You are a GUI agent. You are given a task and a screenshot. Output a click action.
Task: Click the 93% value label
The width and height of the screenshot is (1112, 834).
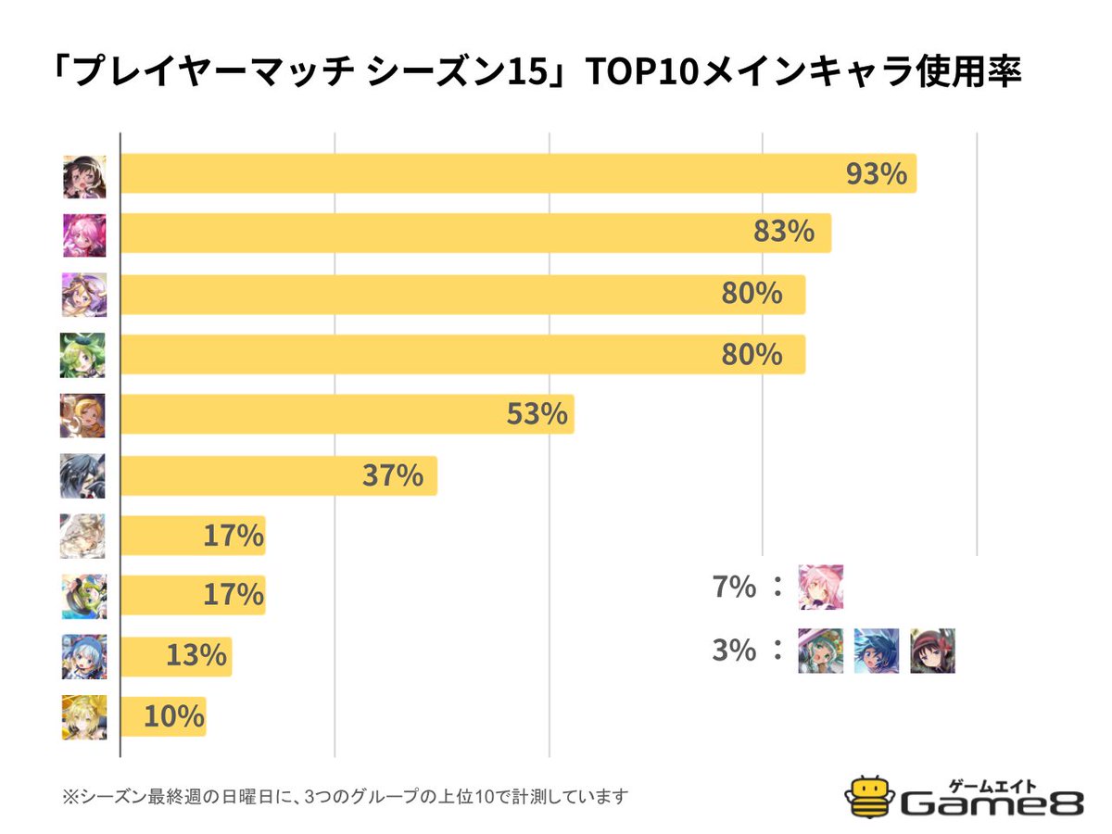pyautogui.click(x=876, y=174)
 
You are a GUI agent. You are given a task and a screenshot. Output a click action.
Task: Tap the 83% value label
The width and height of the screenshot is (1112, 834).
pyautogui.click(x=783, y=234)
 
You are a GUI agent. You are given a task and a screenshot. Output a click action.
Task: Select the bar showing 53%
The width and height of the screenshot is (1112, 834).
pyautogui.click(x=347, y=414)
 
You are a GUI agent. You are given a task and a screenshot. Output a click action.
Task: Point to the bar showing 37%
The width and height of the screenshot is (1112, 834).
pyautogui.click(x=278, y=476)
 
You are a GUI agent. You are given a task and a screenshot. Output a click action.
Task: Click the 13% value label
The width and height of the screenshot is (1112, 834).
pyautogui.click(x=196, y=655)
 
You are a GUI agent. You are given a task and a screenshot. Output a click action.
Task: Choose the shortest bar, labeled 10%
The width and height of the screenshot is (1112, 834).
pyautogui.click(x=162, y=716)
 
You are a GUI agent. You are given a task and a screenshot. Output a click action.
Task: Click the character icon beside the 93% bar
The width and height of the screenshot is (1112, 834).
pyautogui.click(x=83, y=176)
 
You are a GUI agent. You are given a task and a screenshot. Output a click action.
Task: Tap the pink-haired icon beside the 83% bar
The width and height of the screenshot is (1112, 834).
pyautogui.click(x=83, y=235)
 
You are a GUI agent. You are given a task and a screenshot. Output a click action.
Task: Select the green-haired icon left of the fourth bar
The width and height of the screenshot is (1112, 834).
pyautogui.click(x=83, y=355)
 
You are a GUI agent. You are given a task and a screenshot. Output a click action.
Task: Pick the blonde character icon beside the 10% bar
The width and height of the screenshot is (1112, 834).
pyautogui.click(x=83, y=716)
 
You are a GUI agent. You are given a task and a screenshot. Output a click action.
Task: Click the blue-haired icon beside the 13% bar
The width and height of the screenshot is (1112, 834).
pyautogui.click(x=83, y=656)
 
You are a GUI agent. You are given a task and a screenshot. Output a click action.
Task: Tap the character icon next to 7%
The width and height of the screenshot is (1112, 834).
pyautogui.click(x=821, y=587)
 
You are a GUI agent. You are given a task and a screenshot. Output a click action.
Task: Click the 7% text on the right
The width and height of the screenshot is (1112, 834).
pyautogui.click(x=735, y=587)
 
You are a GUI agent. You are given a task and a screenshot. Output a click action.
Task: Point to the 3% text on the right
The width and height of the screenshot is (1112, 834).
pyautogui.click(x=735, y=651)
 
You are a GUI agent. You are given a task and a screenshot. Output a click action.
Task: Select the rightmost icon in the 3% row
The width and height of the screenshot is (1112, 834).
pyautogui.click(x=932, y=651)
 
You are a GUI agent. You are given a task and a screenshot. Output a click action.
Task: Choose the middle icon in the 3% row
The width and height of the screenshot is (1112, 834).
pyautogui.click(x=877, y=651)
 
